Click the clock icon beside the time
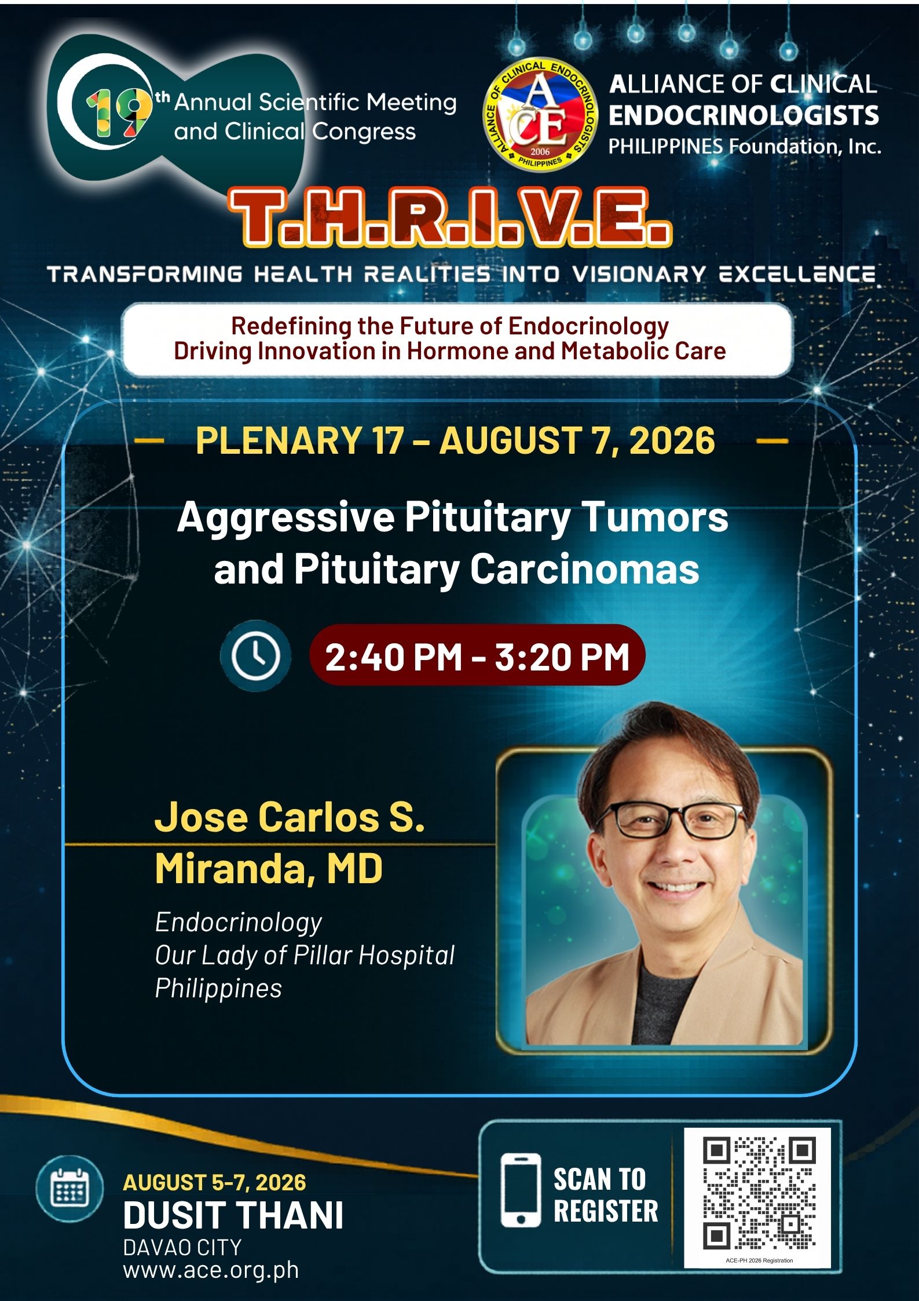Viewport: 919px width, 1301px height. click(255, 656)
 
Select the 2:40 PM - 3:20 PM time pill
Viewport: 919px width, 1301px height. click(477, 655)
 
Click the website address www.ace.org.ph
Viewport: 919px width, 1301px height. click(211, 1269)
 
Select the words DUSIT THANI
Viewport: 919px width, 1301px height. click(233, 1215)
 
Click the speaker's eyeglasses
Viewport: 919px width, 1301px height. click(673, 820)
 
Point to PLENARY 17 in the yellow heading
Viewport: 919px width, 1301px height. click(299, 440)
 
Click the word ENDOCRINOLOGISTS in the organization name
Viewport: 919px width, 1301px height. click(744, 116)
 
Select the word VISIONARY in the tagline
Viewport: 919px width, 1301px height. click(639, 274)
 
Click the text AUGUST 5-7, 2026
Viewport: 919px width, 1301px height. click(214, 1182)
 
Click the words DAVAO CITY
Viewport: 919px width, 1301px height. click(182, 1247)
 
